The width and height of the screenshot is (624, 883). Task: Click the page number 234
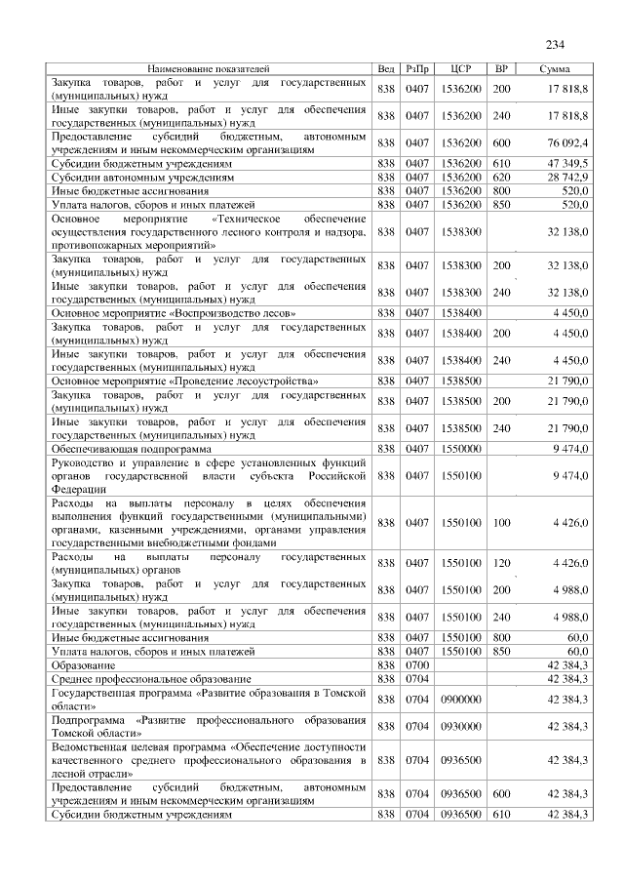(x=556, y=44)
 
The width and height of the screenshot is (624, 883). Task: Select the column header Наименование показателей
(x=208, y=70)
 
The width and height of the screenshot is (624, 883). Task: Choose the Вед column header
(x=386, y=70)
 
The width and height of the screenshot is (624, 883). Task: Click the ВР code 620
(x=502, y=178)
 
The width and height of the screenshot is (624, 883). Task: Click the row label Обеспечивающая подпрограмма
(x=113, y=448)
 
